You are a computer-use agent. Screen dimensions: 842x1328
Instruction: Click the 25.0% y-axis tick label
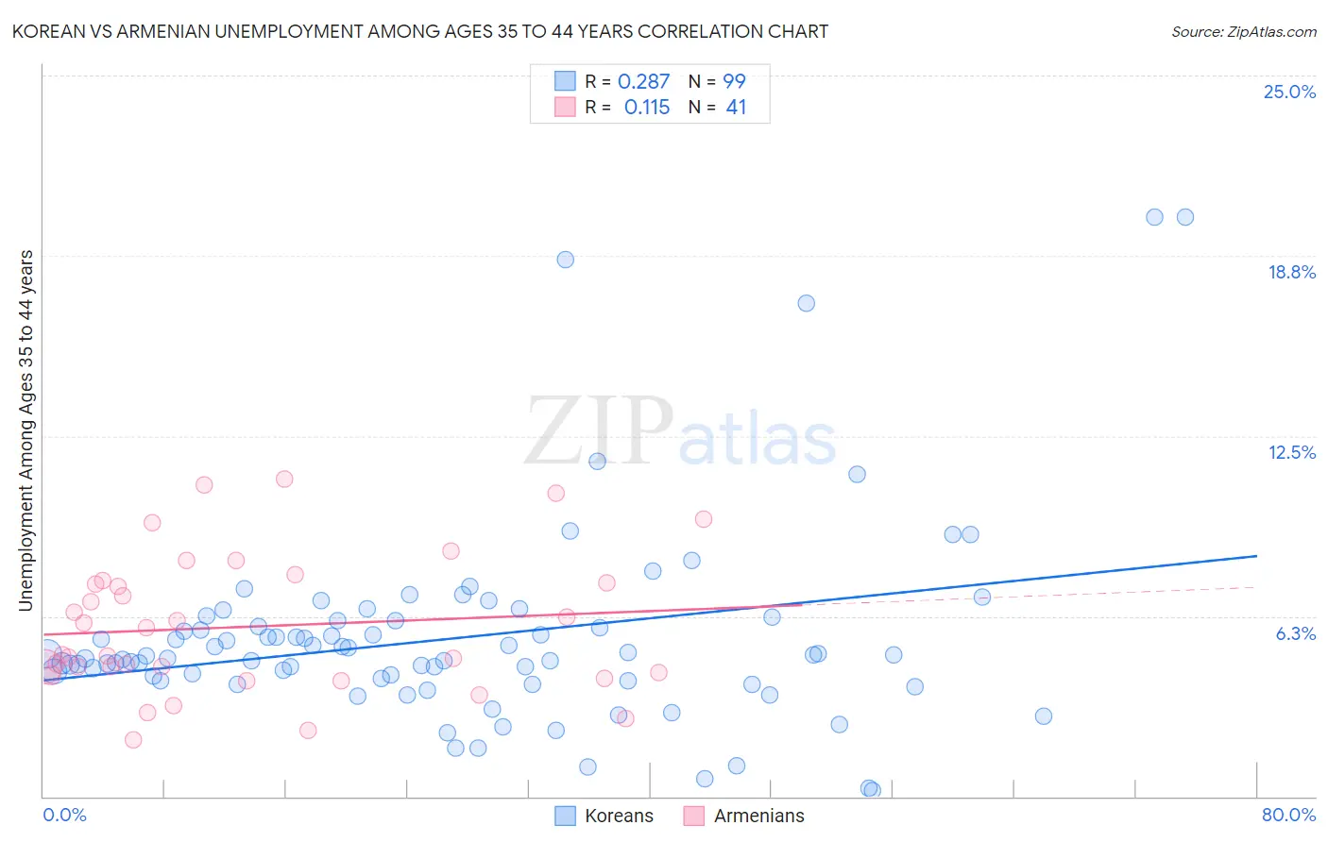pos(1289,92)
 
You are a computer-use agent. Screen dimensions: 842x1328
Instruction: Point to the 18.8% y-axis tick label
pos(1291,272)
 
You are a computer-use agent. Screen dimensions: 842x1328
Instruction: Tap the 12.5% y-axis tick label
pos(1291,452)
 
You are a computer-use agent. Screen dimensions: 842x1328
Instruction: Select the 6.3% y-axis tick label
pos(1295,633)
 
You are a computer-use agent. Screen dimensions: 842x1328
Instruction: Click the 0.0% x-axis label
pos(64,815)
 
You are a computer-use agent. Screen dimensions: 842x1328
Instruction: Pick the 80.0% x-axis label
pos(1288,815)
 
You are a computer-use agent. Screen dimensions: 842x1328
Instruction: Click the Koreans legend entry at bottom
pos(618,816)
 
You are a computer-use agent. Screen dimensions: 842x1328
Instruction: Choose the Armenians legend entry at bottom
pos(758,816)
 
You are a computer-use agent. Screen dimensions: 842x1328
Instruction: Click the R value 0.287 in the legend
pos(643,81)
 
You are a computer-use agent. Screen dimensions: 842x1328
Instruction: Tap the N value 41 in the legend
pos(736,107)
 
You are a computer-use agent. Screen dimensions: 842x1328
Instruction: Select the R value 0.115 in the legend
pos(647,107)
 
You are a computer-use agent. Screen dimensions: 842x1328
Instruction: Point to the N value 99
pos(734,81)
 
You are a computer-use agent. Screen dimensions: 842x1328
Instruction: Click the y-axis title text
pos(26,429)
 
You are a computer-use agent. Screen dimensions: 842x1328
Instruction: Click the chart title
pos(420,31)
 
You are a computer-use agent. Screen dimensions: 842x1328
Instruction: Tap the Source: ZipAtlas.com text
pos(1243,31)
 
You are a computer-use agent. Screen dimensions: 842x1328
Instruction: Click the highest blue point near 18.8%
pos(565,260)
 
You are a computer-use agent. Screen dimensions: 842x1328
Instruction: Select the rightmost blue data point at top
pos(1184,217)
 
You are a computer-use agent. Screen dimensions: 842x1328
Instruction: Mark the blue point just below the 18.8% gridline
pos(806,303)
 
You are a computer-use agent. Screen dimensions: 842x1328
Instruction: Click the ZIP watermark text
pos(599,431)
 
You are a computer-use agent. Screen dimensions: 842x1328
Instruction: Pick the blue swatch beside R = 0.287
pos(565,81)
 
